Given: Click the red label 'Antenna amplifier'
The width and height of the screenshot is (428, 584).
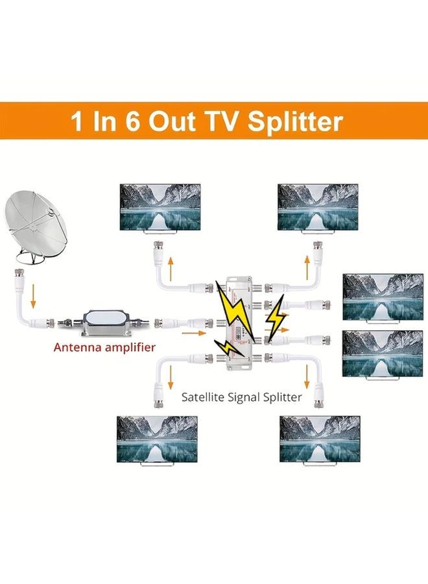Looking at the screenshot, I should click(x=105, y=347).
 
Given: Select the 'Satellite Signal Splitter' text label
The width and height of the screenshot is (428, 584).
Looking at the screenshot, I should click(x=241, y=396).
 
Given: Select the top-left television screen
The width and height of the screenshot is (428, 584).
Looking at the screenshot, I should click(x=160, y=206).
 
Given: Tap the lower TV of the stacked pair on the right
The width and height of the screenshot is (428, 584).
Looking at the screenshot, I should click(x=382, y=354).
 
